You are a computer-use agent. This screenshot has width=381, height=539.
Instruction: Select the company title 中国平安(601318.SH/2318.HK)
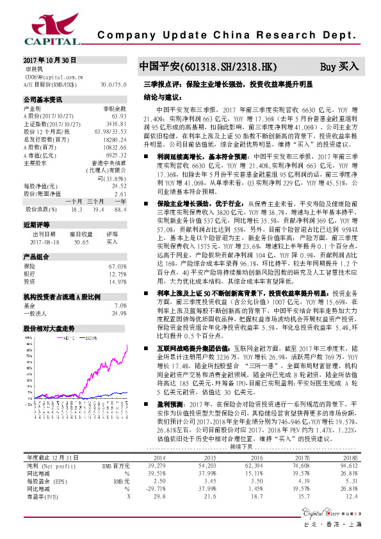tap(209, 67)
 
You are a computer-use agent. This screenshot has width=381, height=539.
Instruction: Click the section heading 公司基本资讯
tap(43, 100)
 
